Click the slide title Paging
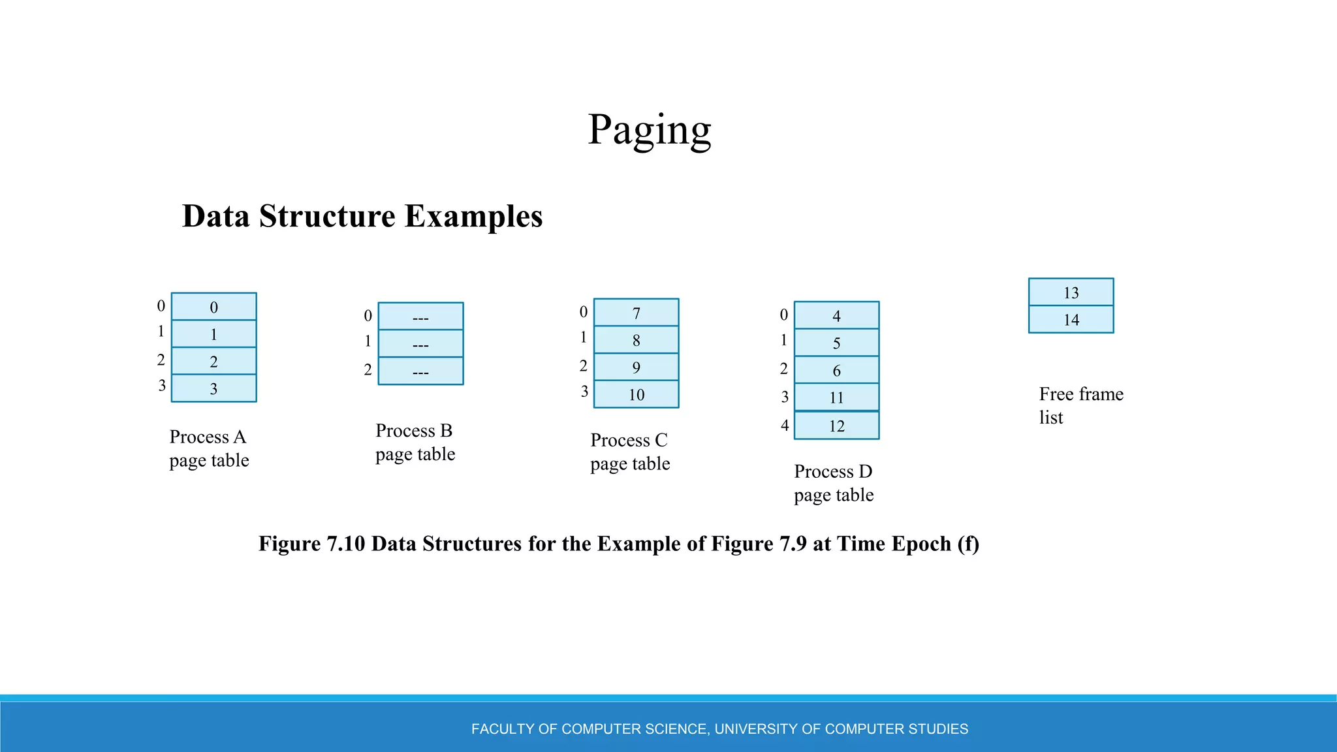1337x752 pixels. [649, 130]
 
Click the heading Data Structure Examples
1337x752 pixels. [362, 216]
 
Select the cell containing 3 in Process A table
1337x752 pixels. [213, 388]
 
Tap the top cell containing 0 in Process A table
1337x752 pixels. [213, 307]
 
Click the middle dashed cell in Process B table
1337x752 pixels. [420, 344]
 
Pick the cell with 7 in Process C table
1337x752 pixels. [636, 313]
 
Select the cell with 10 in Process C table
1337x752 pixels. [636, 394]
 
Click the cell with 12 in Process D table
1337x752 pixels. [836, 426]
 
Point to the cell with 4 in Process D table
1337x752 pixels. [836, 316]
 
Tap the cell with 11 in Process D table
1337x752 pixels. [836, 397]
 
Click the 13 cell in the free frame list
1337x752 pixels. [1071, 292]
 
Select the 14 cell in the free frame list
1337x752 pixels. [1071, 320]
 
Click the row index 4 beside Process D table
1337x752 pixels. [785, 426]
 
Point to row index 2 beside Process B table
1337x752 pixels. [368, 370]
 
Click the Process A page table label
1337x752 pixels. [209, 448]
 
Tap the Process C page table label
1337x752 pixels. [629, 452]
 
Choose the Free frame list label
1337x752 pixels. [1080, 405]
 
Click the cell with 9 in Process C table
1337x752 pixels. [636, 368]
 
